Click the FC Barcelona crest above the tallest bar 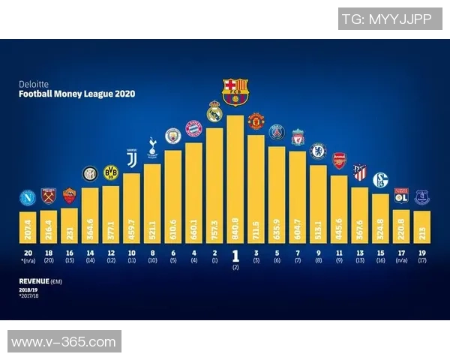coord(235,91)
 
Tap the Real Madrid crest coord(214,113)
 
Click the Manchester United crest coord(256,121)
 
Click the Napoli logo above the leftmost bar coord(28,199)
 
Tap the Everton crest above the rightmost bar coord(421,197)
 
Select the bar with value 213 coord(421,226)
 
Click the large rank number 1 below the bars coord(235,255)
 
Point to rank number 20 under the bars coord(28,253)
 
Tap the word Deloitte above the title coord(32,85)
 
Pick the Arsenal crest coord(339,160)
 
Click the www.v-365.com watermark coord(64,342)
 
